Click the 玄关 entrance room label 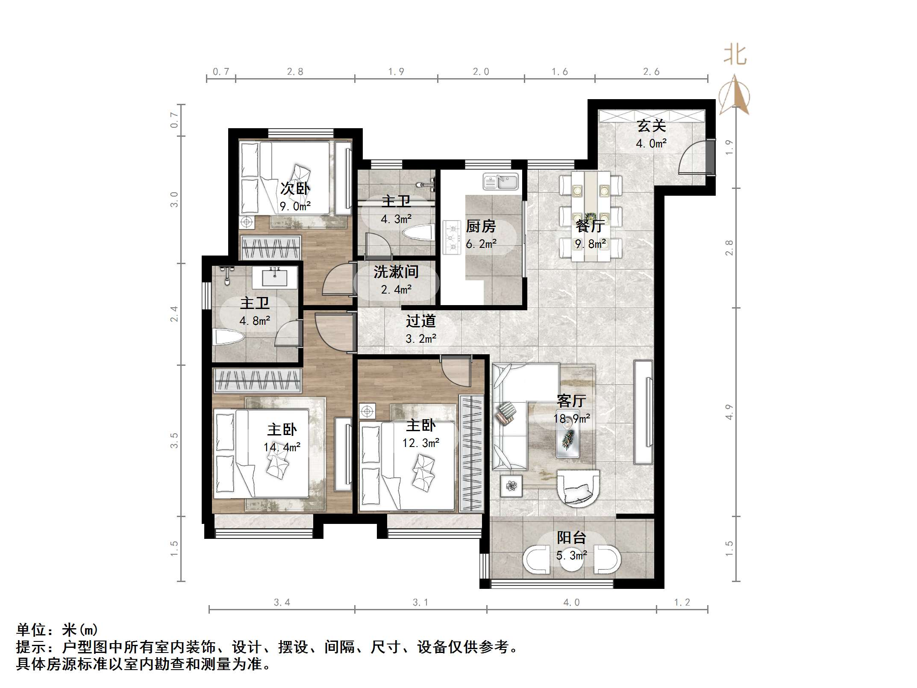coord(651,126)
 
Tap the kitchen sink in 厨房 coord(500,182)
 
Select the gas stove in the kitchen coord(452,237)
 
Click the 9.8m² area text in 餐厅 coord(590,244)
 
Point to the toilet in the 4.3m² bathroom coord(418,233)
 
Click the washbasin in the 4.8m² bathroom coord(274,277)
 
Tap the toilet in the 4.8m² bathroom coord(229,337)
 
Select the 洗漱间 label coord(396,272)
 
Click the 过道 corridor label coord(420,321)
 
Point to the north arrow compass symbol coord(734,96)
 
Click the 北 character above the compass coord(735,56)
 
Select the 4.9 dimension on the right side coord(729,412)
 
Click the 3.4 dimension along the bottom coord(282,603)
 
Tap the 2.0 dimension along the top coord(481,72)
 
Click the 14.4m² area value coord(282,447)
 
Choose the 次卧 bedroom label coord(295,188)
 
